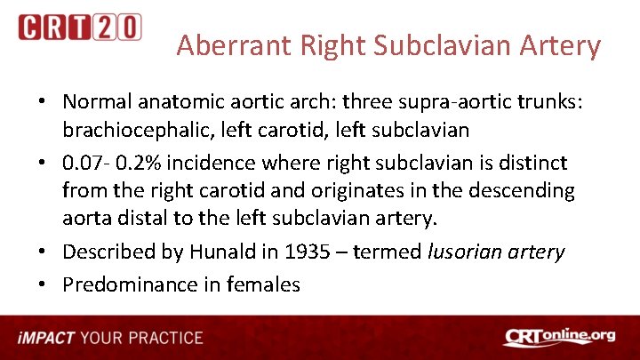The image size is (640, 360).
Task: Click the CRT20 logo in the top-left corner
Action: point(80,28)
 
